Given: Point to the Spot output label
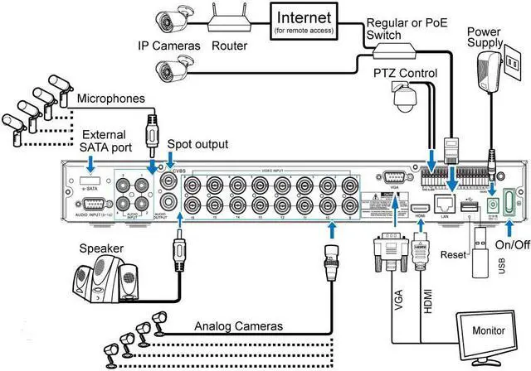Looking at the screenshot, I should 197,143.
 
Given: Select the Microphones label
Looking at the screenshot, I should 111,99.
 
